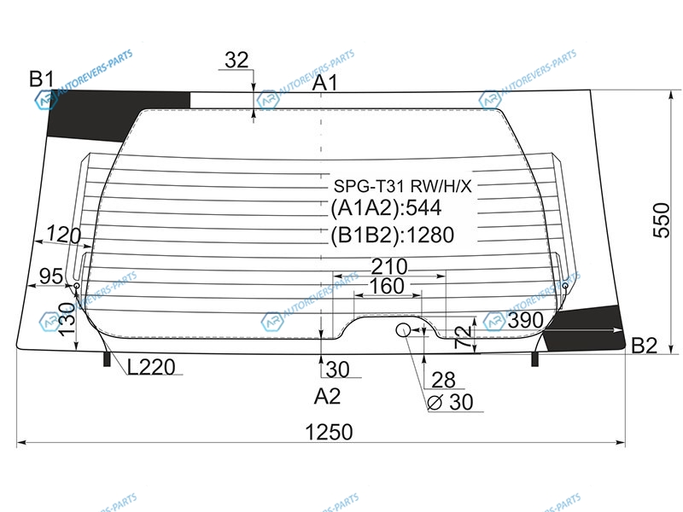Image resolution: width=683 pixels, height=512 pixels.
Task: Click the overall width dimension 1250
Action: pos(329,432)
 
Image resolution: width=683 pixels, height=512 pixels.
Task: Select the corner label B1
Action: pos(42,79)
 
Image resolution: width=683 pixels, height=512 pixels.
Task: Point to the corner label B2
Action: pos(644,346)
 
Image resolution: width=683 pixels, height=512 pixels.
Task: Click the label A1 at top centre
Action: pos(325,82)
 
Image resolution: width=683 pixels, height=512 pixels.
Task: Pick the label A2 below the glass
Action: pos(327,396)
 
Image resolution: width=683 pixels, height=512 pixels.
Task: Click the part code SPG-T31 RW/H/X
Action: pos(402,186)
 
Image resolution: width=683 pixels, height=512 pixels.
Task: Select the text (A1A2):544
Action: pos(386,207)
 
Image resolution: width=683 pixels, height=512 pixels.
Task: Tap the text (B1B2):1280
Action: pos(393,236)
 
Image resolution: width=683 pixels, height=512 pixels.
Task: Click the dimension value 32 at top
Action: pos(236,60)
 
